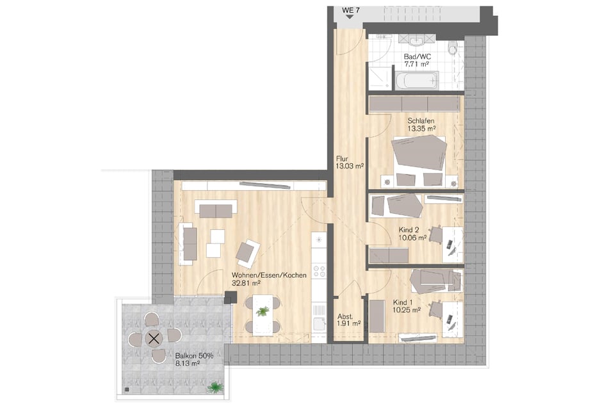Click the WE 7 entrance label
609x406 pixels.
tap(350, 10)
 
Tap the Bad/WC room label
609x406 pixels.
tap(417, 57)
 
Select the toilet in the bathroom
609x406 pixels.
tap(453, 48)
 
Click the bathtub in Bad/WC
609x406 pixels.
tap(417, 81)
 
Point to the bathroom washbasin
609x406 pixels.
tap(417, 40)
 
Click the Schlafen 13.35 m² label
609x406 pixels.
tap(421, 124)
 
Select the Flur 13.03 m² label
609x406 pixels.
tap(350, 163)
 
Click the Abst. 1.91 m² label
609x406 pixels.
tap(349, 320)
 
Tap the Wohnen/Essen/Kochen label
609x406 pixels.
tap(269, 275)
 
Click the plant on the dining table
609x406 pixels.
tap(263, 311)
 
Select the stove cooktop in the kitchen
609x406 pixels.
tap(320, 271)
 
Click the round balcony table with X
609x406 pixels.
tap(154, 339)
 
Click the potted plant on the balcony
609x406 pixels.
tap(215, 387)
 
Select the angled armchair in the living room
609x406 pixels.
tap(247, 251)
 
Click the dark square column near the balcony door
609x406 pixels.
tap(231, 298)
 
